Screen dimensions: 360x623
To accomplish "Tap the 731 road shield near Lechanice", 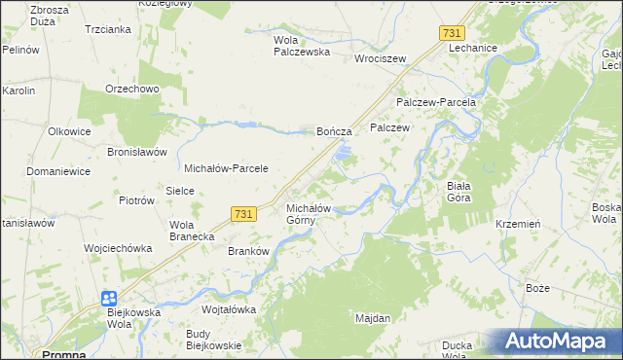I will [451, 33].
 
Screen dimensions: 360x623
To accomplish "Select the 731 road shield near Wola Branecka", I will [244, 213].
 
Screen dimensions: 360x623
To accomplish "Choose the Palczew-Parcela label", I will [435, 102].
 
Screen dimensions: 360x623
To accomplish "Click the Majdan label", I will [373, 318].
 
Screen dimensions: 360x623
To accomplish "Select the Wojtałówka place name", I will [228, 309].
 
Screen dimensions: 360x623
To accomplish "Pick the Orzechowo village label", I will [132, 89].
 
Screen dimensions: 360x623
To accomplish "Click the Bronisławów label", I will [138, 153].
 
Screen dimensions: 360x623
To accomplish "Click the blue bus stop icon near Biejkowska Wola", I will [109, 299].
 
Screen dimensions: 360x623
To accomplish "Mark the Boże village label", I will [537, 289].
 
